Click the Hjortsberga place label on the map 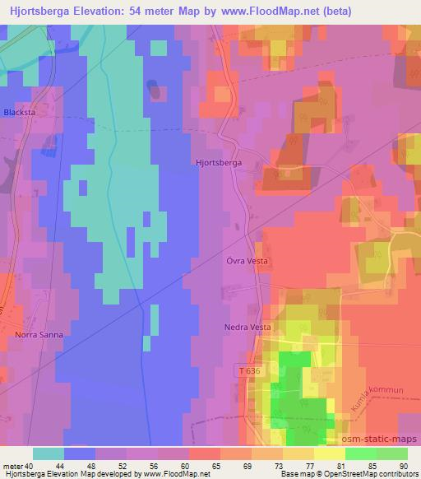point(218,163)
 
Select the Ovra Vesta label point(248,261)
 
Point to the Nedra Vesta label point(248,327)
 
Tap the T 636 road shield point(251,371)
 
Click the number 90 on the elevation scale point(403,466)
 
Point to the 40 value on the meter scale point(30,466)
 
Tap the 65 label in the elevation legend point(216,466)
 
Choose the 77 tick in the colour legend point(311,466)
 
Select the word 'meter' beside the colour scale point(13,466)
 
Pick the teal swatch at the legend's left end point(48,453)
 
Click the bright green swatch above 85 point(360,453)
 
